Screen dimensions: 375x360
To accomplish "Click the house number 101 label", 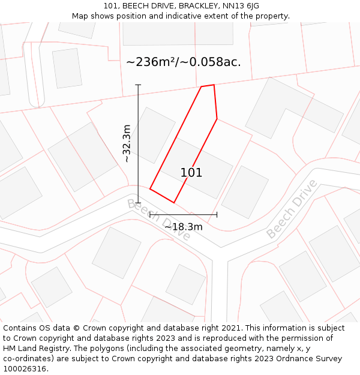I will click(x=191, y=173).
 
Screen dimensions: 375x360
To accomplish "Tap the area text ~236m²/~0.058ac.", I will click(x=184, y=62).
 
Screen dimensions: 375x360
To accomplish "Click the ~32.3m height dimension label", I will click(x=127, y=143).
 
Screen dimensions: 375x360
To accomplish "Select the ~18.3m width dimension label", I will click(x=184, y=226).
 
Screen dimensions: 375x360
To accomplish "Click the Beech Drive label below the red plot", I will click(x=158, y=220).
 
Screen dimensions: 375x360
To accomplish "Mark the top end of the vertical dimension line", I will click(x=138, y=85).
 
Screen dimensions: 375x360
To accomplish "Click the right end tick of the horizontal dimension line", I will click(x=217, y=214).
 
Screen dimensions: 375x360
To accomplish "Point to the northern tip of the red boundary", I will click(x=213, y=85).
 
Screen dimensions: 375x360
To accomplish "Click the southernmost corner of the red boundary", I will click(x=173, y=202).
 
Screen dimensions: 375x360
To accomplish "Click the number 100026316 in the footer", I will click(x=25, y=369).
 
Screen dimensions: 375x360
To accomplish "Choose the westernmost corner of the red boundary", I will click(x=150, y=189).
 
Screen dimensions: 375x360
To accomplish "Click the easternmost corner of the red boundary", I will click(x=217, y=118).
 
